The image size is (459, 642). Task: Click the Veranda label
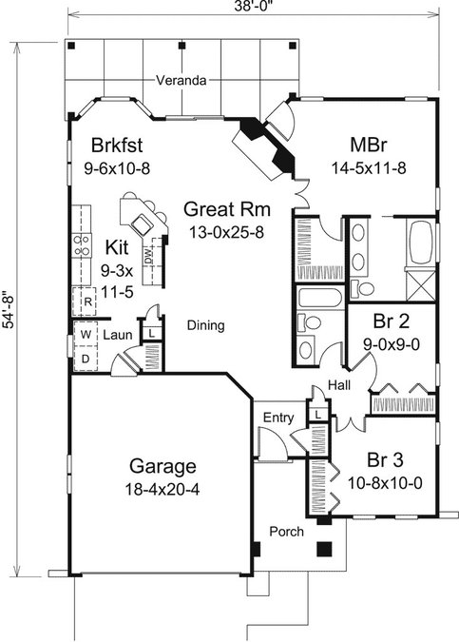pyautogui.click(x=181, y=80)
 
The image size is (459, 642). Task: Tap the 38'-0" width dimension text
pyautogui.click(x=253, y=7)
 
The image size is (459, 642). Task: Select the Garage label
pyautogui.click(x=163, y=466)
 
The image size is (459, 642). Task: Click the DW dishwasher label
pyautogui.click(x=148, y=256)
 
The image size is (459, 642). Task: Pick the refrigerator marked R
pyautogui.click(x=85, y=302)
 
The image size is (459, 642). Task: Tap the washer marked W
pyautogui.click(x=86, y=334)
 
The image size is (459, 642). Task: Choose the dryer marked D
pyautogui.click(x=86, y=359)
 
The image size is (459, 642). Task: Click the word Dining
pyautogui.click(x=206, y=325)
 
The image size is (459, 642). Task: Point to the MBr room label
pyautogui.click(x=369, y=145)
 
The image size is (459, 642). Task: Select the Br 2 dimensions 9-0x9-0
pyautogui.click(x=392, y=344)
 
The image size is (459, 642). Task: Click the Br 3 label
pyautogui.click(x=385, y=459)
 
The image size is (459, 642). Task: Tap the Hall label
pyautogui.click(x=339, y=385)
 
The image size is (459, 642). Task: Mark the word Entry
pyautogui.click(x=278, y=418)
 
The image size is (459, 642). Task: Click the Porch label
pyautogui.click(x=286, y=532)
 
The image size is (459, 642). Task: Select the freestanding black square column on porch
pyautogui.click(x=324, y=549)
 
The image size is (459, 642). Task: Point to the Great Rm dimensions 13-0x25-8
pyautogui.click(x=226, y=232)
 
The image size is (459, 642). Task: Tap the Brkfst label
pyautogui.click(x=117, y=145)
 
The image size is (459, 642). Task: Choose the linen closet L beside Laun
pyautogui.click(x=152, y=333)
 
